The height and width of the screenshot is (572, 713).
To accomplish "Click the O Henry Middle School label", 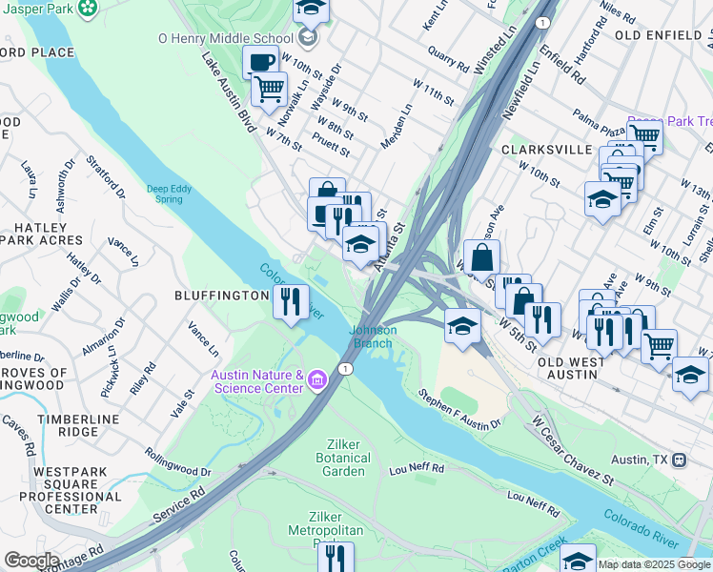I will (x=226, y=39).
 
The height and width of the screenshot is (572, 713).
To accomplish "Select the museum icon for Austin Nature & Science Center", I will (x=317, y=382).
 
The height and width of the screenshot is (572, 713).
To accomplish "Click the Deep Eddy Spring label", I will (x=169, y=194).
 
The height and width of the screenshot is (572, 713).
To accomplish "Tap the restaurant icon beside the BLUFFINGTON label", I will (x=291, y=302).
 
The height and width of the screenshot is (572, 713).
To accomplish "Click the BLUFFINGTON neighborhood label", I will (x=222, y=296).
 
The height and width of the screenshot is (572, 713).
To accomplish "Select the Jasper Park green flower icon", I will (x=88, y=9).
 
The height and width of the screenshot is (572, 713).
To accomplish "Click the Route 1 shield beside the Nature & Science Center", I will (x=345, y=368).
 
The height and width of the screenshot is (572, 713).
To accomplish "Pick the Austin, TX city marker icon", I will (x=680, y=460).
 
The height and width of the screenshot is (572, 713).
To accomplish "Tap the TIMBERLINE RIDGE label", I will (x=78, y=425).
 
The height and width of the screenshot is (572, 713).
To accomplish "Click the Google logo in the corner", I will (x=31, y=561).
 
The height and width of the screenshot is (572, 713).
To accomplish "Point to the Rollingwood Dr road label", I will (x=178, y=462).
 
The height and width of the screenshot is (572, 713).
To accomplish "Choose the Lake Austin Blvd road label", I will (x=230, y=89).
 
